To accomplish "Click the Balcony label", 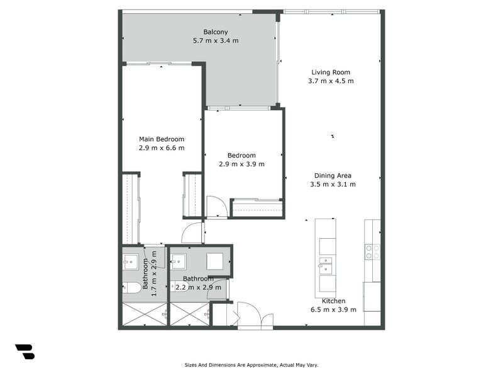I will [215, 32].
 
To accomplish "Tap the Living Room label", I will [331, 72].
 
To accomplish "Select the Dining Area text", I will [333, 176].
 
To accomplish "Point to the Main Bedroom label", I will [162, 139].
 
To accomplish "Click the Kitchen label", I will [333, 301].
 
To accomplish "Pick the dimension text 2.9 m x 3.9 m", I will [241, 164].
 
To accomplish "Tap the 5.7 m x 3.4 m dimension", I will [215, 41].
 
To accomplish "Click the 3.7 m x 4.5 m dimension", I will [331, 81].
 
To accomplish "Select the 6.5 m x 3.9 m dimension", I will [333, 309].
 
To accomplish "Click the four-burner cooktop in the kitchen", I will [372, 251].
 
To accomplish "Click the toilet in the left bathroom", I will [132, 288].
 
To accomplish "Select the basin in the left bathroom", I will [131, 261].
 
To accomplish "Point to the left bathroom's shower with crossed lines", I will [144, 314].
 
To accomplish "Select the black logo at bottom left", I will [25, 352].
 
